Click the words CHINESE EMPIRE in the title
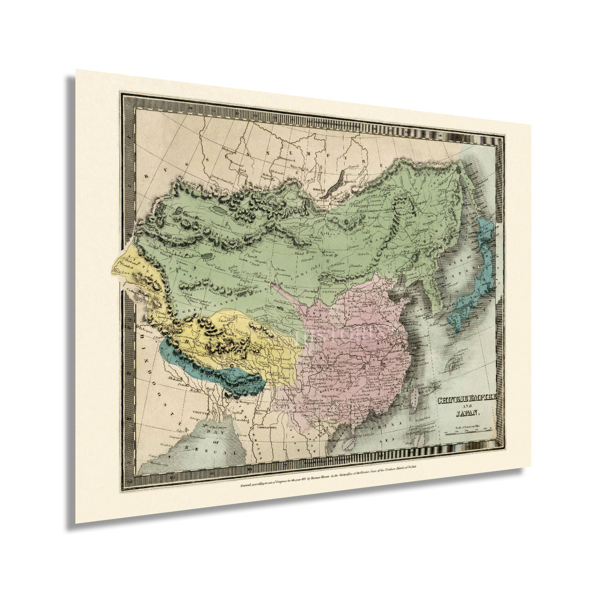(x=467, y=399)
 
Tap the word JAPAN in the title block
(x=468, y=414)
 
